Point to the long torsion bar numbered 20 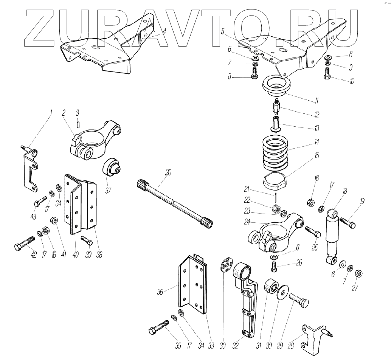[174, 202]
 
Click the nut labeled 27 [360, 273]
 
